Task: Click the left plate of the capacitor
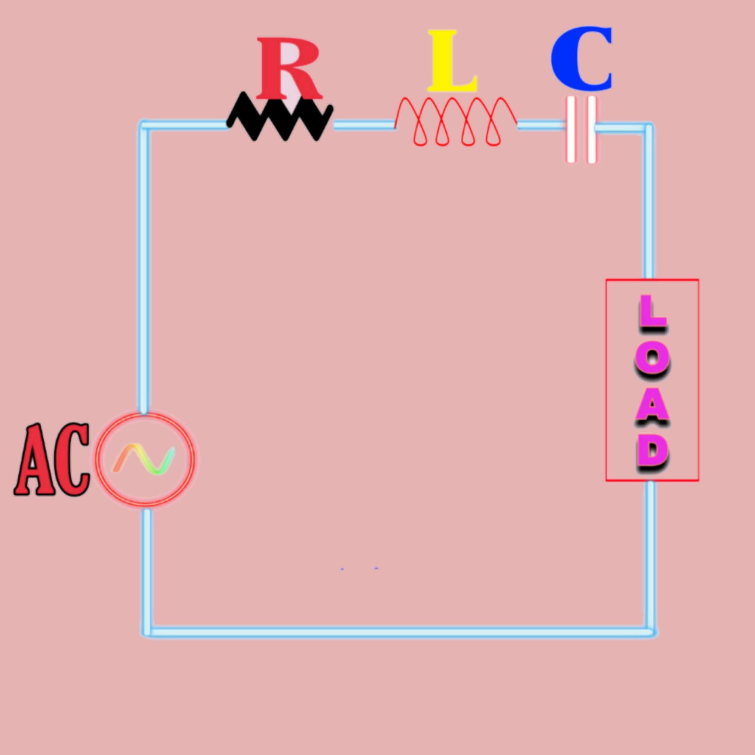click(x=571, y=129)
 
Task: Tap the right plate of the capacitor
click(x=592, y=129)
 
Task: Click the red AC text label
click(x=52, y=460)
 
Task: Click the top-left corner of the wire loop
click(x=144, y=125)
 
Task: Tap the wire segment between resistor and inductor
click(x=363, y=125)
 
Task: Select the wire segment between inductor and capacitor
click(x=541, y=125)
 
